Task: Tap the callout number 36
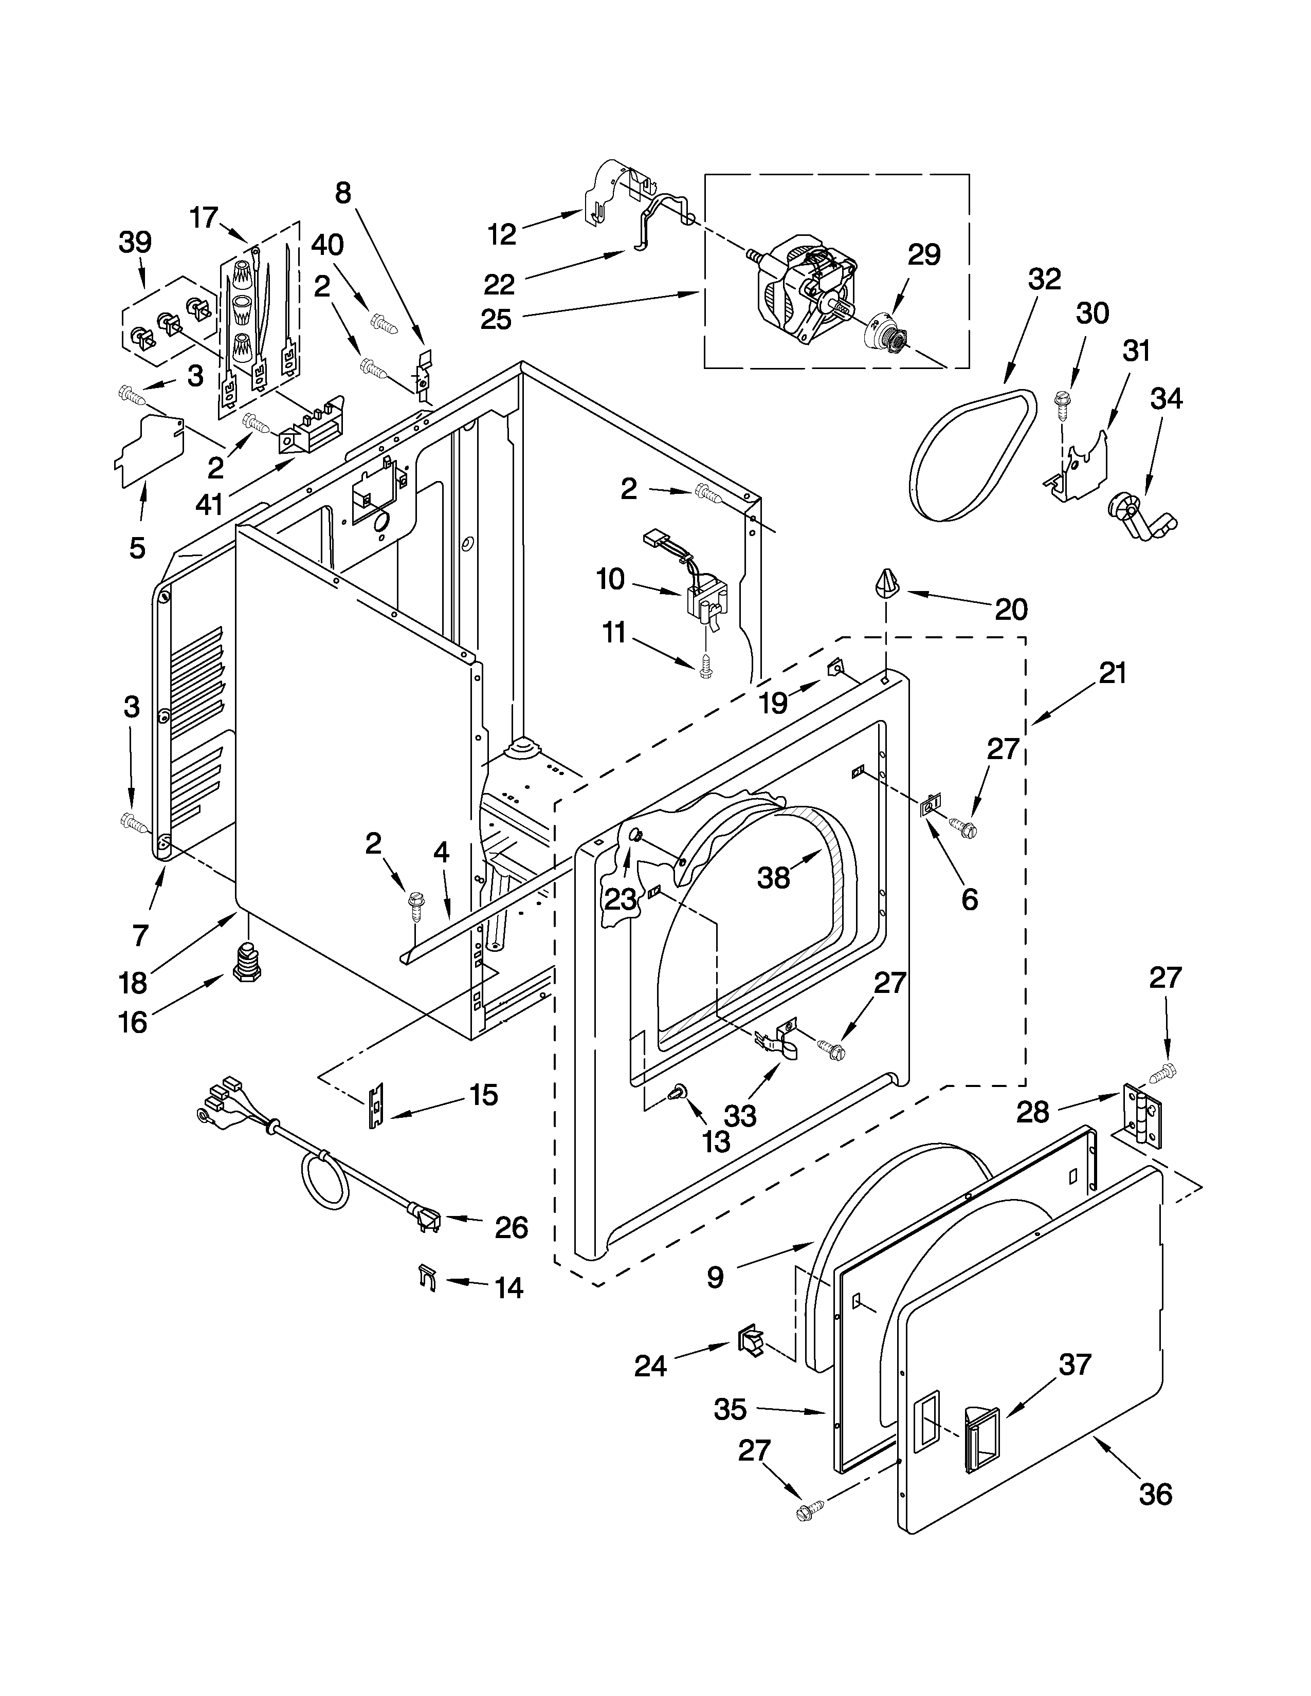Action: click(x=1154, y=1494)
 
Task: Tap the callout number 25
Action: click(x=496, y=319)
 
